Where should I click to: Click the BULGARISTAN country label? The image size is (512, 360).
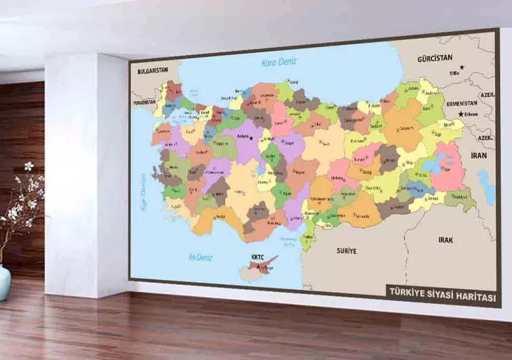coord(149,71)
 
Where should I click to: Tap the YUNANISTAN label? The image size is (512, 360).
coord(144,103)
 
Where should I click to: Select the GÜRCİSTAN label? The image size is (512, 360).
coord(435,58)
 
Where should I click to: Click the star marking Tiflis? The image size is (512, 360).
coord(462,67)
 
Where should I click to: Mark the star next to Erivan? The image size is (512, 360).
coord(462,114)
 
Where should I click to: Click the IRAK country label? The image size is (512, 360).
coord(445,240)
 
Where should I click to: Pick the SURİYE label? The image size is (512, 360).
coord(346,251)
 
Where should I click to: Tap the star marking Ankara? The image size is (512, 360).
coord(251,138)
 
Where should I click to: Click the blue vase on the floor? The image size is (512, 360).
coord(5,281)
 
